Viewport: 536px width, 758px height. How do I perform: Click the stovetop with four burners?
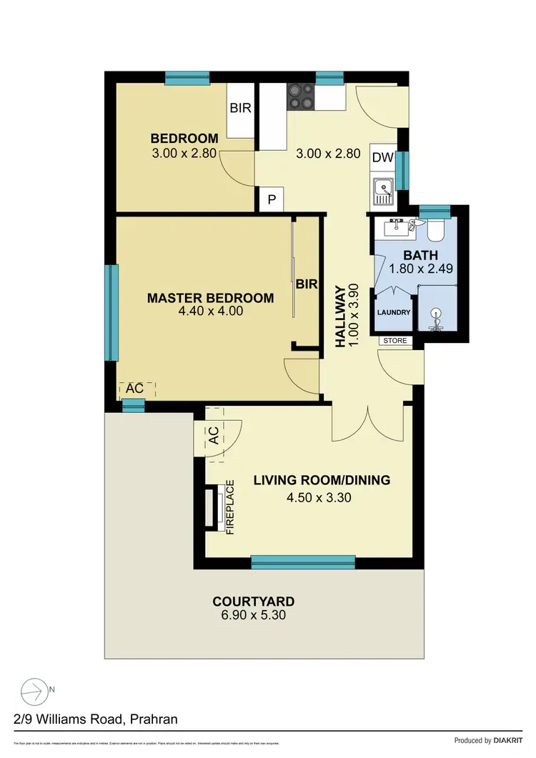[300, 96]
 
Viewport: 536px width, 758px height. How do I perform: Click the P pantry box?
[272, 199]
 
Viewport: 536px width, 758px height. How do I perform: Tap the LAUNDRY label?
[392, 312]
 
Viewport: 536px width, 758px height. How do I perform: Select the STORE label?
[394, 341]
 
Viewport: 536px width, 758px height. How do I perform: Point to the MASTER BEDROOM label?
[210, 298]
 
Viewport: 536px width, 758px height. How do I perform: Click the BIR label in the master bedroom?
[307, 284]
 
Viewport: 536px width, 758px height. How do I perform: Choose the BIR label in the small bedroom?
[239, 109]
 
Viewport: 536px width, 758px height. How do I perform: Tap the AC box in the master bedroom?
[135, 389]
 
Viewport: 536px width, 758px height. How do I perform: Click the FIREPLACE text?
[230, 507]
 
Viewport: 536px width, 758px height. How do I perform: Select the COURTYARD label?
[253, 601]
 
